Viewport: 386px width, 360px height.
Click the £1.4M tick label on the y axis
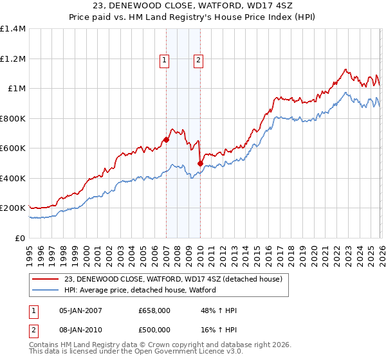13,29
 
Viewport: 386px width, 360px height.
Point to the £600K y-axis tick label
13,148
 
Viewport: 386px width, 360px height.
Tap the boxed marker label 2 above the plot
198,61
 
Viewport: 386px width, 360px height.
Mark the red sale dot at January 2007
166,139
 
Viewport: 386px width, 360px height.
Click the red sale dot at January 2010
200,163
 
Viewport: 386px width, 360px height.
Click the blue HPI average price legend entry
140,290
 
